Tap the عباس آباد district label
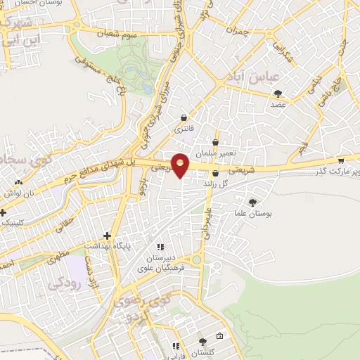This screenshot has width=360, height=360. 257,76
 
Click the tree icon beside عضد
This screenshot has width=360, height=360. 278,94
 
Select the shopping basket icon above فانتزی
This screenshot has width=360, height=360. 184,118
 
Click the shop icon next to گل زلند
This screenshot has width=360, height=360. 215,173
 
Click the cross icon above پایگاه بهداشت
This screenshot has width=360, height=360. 107,236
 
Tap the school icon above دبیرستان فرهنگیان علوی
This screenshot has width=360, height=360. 160,247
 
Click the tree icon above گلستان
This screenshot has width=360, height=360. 202,342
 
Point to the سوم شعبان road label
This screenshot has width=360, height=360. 120,33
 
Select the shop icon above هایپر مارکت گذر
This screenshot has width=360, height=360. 340,161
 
